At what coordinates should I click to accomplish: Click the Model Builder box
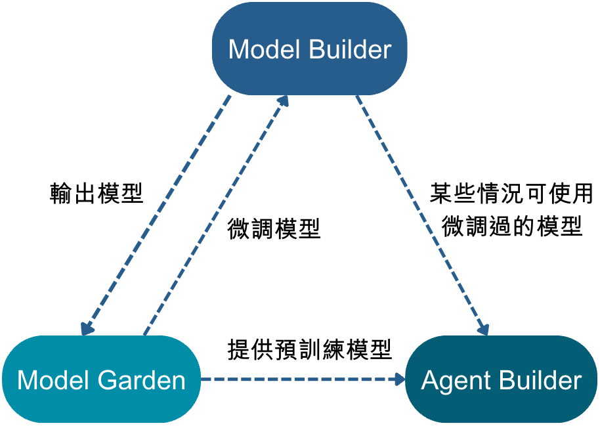[x=309, y=49]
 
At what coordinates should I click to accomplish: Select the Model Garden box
[x=101, y=379]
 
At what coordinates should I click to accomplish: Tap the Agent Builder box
[x=501, y=380]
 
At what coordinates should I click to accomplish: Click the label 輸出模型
[x=96, y=193]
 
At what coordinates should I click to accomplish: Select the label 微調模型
[x=274, y=228]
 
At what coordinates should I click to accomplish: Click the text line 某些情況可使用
[x=511, y=193]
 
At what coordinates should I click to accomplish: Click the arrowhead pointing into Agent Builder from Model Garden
[x=399, y=379]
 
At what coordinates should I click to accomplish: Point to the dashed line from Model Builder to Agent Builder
[x=420, y=210]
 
